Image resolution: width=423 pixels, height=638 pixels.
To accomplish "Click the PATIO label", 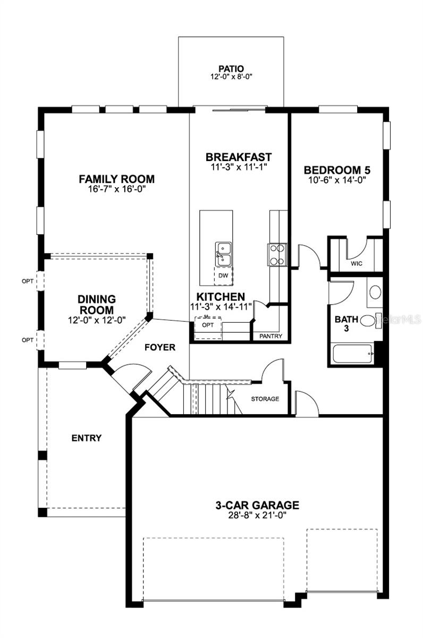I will [231, 69].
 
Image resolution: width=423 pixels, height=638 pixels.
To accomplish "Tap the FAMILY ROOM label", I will [116, 179].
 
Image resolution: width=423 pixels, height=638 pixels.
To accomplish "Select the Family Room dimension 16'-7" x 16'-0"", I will [116, 189].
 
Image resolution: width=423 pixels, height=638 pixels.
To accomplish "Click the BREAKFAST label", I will [239, 157].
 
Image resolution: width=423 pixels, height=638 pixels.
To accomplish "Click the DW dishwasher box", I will [223, 276].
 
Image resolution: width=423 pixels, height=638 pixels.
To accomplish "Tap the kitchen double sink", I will [223, 253].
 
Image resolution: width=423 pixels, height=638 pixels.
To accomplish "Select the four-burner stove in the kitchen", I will [276, 254].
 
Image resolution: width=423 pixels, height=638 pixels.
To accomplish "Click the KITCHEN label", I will [221, 297].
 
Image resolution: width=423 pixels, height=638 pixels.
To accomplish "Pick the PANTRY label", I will [270, 336].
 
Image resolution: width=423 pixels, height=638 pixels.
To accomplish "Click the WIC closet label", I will [357, 263].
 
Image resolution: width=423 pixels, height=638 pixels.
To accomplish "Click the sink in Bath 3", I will [375, 292].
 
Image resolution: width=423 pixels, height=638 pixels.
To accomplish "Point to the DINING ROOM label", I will [97, 304].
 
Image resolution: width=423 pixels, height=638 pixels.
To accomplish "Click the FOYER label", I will [160, 347].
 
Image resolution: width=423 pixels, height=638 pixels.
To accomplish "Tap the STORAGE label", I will [265, 399].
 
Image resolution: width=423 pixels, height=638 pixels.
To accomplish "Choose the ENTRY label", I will [86, 438].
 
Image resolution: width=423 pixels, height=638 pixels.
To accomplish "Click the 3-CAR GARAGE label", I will [257, 505].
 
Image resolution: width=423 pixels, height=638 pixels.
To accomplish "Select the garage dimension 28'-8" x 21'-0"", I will [257, 515].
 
